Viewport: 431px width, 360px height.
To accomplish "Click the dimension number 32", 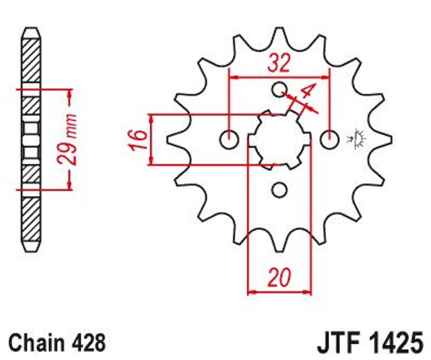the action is [x=279, y=63].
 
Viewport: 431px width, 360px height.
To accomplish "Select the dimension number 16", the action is [x=139, y=140].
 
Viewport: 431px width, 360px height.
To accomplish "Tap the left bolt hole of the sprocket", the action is [x=229, y=139].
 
